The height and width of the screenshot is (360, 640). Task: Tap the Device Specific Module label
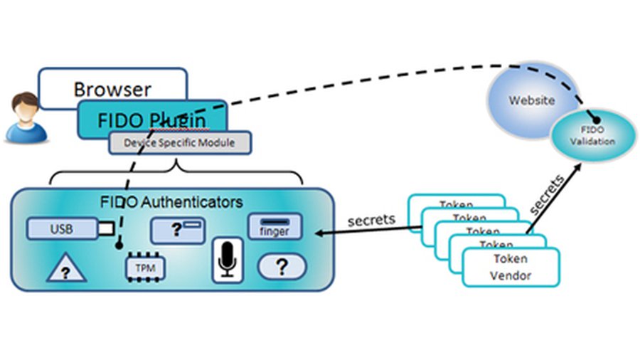(180, 142)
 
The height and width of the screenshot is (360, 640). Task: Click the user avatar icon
(26, 117)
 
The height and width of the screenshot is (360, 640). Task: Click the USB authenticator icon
(70, 229)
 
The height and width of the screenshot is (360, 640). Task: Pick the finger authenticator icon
(274, 227)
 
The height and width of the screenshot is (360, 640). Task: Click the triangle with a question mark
(65, 269)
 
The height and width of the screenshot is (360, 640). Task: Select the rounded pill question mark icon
(282, 267)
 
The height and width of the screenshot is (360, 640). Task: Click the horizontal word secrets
(371, 220)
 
